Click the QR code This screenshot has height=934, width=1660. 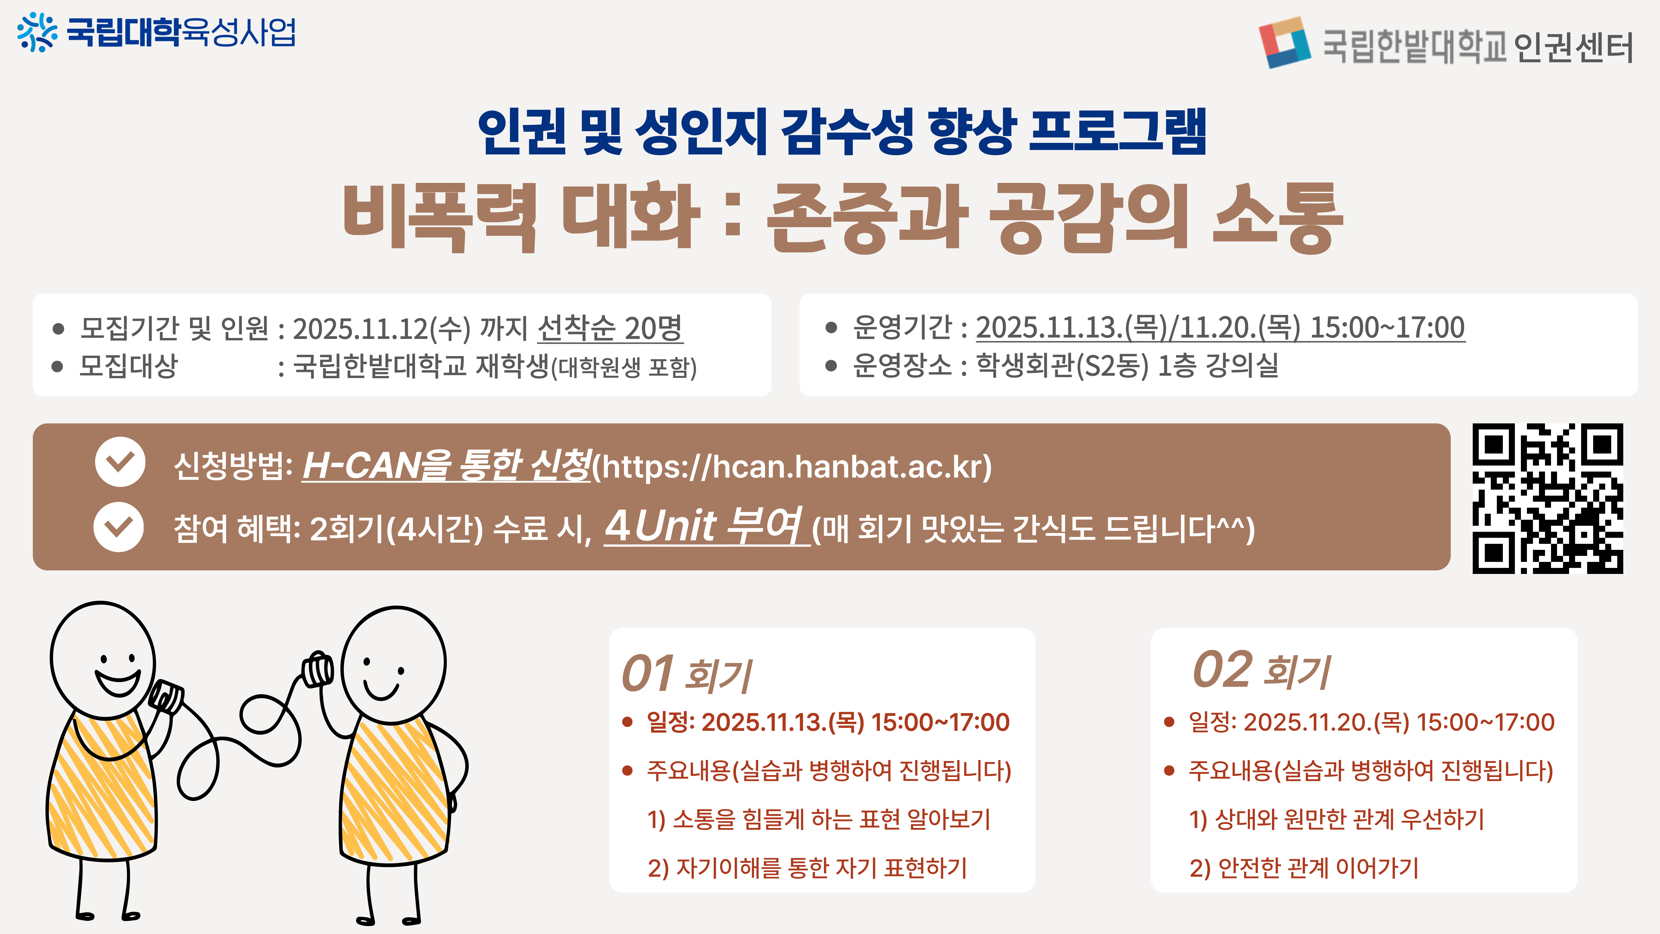[1548, 498]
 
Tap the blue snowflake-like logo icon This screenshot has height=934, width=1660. [37, 32]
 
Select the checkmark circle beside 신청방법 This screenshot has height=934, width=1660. [120, 462]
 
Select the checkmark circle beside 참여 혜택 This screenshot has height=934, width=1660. [119, 527]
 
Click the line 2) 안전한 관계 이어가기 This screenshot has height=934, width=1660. [1304, 868]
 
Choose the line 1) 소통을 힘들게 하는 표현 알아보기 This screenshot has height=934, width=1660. [818, 819]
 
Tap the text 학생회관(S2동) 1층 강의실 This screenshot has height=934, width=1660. [1127, 365]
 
